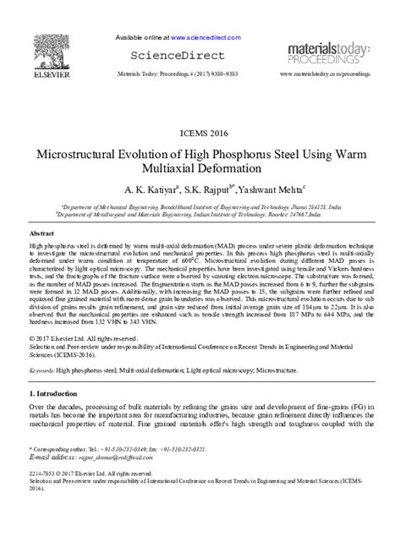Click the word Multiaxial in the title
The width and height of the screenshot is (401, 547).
click(157, 170)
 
